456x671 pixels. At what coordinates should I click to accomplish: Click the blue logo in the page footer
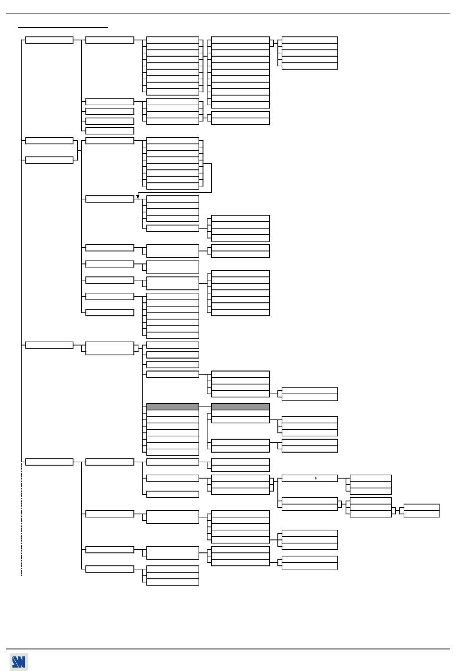(18, 662)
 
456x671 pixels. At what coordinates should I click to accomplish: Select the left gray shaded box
(172, 407)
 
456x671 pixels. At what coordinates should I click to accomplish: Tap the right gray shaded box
(240, 407)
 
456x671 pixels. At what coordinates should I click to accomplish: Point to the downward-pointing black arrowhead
(138, 196)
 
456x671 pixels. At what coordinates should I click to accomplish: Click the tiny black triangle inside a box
(316, 478)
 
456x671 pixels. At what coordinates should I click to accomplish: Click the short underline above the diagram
(63, 27)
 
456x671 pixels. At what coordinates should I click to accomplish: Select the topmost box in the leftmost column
(49, 40)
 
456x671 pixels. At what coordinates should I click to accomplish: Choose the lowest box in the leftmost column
(49, 462)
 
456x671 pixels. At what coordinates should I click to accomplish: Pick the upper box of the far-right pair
(421, 507)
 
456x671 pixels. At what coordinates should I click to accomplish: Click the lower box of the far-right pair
(421, 514)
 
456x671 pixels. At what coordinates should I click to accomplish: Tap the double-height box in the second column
(109, 348)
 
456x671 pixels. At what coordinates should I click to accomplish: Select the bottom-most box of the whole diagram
(172, 582)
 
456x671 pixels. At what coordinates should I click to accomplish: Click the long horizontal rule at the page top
(228, 13)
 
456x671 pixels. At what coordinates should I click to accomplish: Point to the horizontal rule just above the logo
(228, 649)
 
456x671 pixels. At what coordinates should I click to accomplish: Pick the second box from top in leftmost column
(49, 141)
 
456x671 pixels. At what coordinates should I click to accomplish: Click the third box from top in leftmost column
(49, 160)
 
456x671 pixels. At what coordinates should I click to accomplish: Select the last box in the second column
(109, 569)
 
